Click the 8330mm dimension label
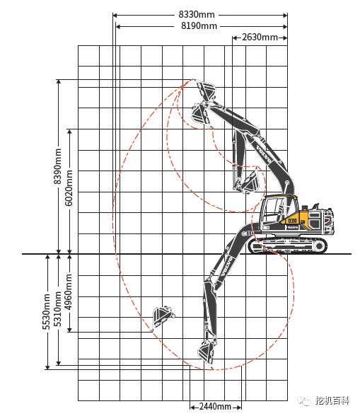click(x=197, y=15)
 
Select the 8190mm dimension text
click(x=199, y=26)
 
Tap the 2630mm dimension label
click(x=260, y=37)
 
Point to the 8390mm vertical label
click(x=57, y=166)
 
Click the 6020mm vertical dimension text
click(x=69, y=188)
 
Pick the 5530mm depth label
click(x=46, y=311)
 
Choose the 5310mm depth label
click(x=57, y=308)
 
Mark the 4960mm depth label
click(x=69, y=292)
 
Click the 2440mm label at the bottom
click(x=215, y=406)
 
